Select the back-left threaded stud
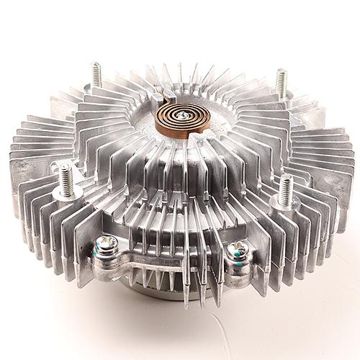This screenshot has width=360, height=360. click(x=96, y=75)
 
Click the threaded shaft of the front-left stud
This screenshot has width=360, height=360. click(x=66, y=178)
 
